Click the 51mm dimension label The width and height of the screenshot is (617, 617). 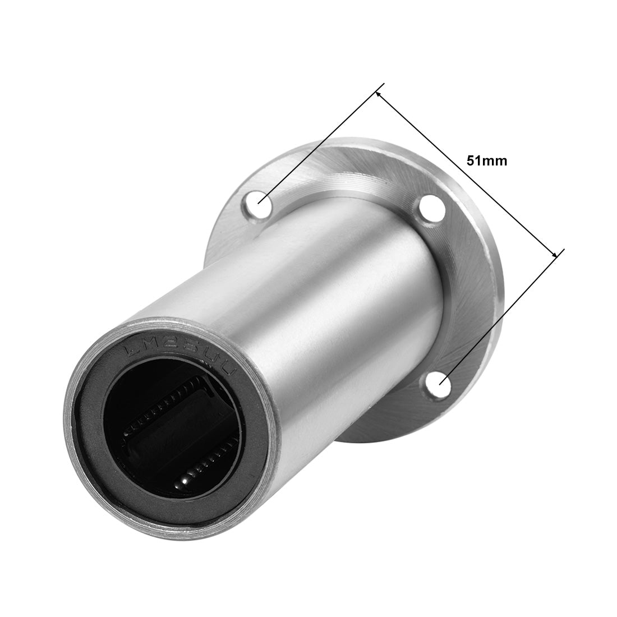coord(486,161)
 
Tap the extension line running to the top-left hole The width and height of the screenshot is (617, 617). coord(320,145)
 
